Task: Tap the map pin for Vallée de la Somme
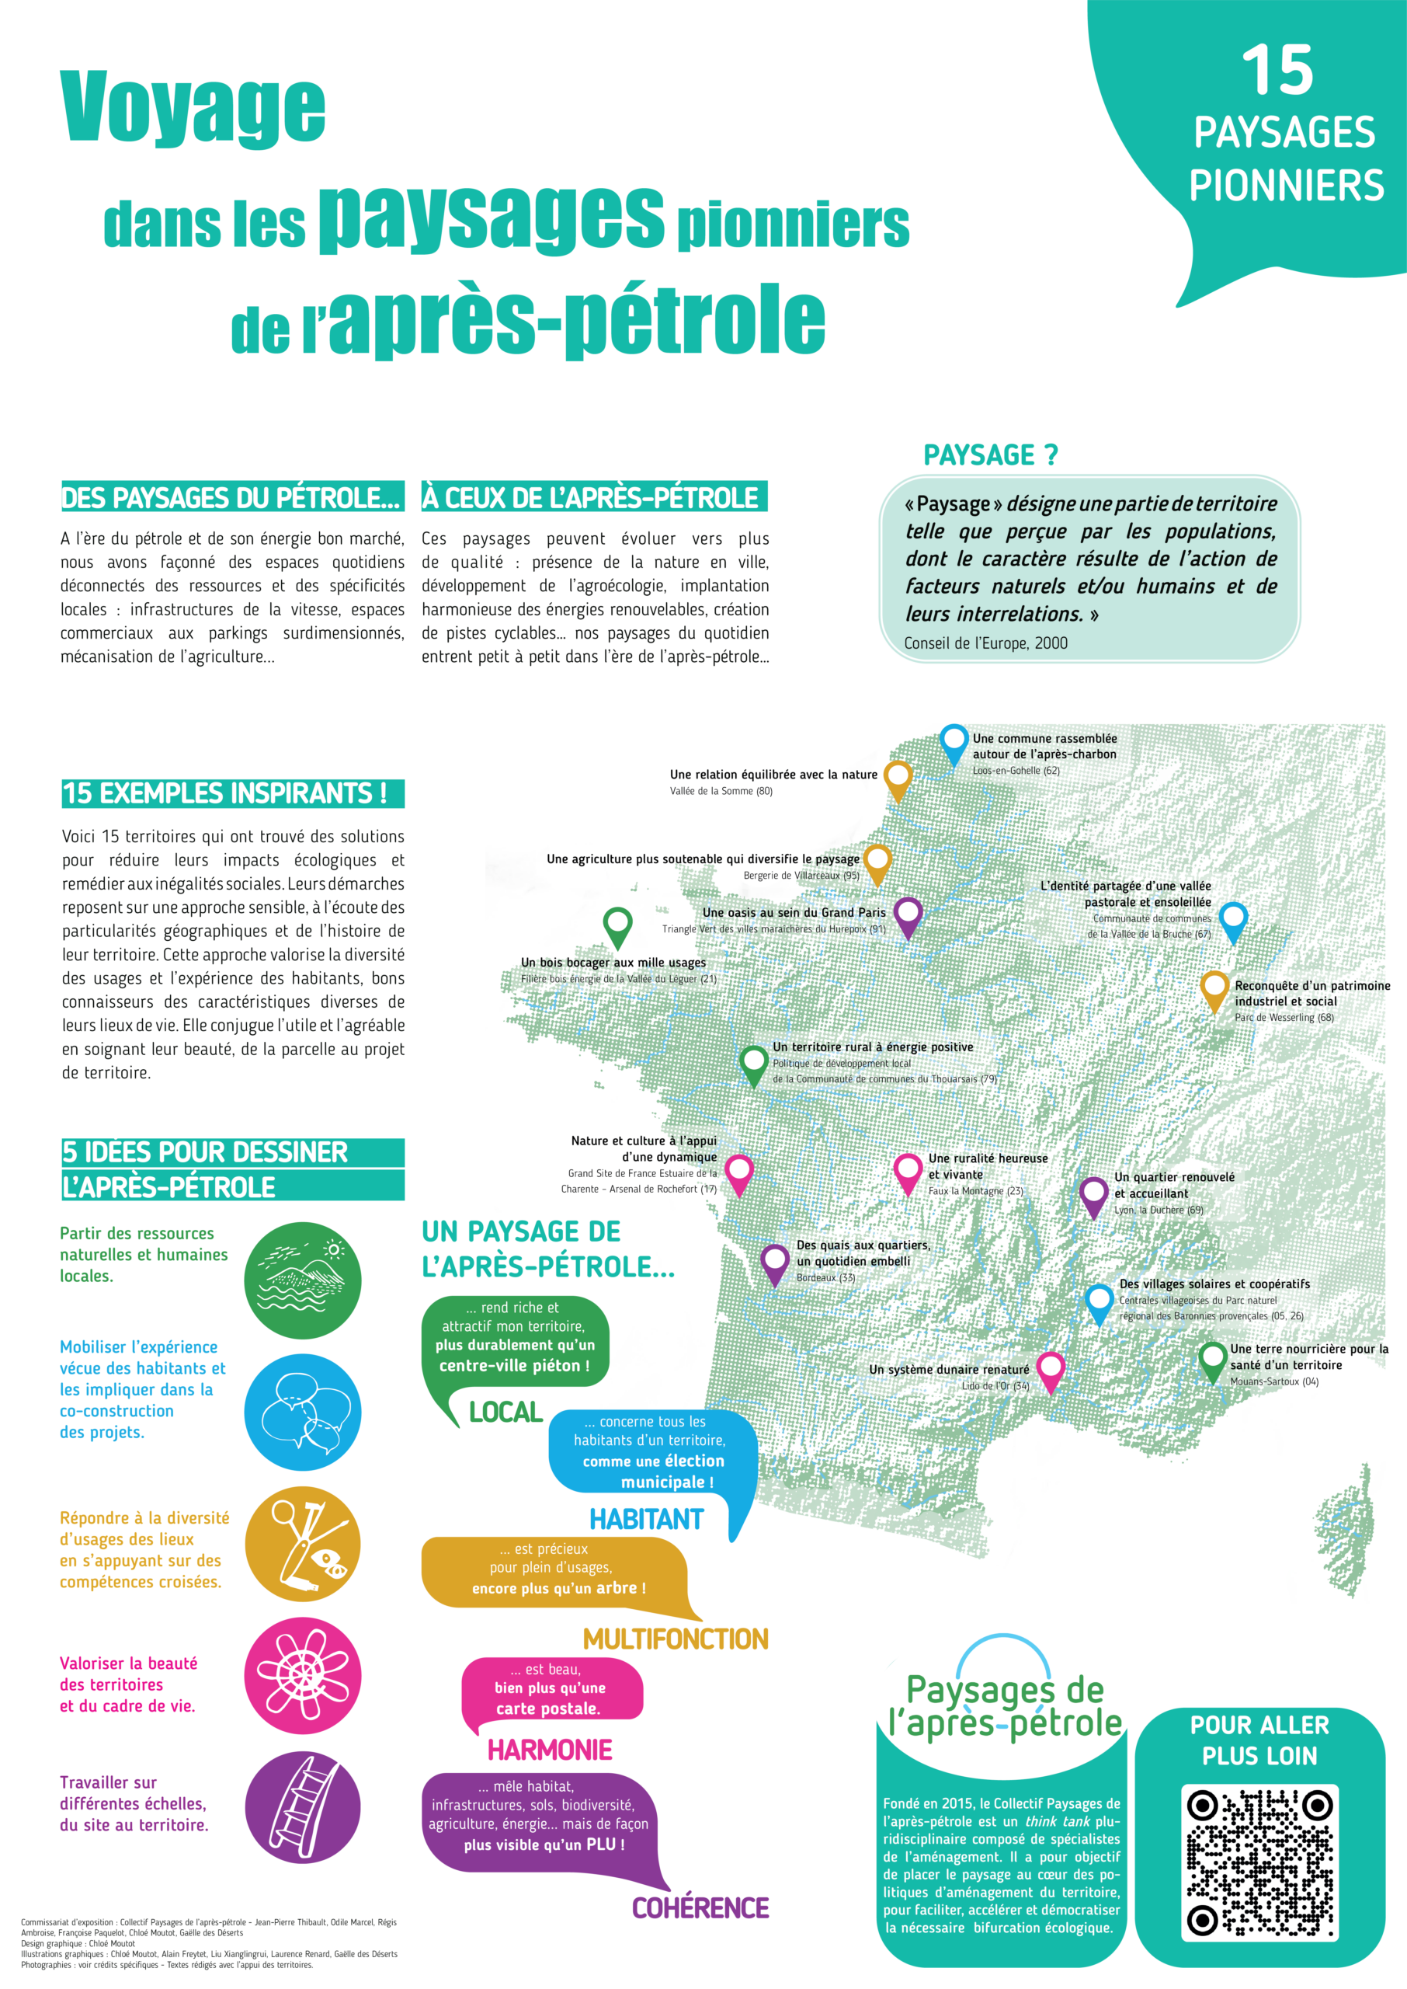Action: point(898,779)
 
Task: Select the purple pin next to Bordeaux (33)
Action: point(774,1262)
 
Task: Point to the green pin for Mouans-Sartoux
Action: point(1212,1359)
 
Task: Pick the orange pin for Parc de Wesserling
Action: point(1214,989)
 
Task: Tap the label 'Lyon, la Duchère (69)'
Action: point(1158,1210)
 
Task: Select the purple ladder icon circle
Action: point(302,1807)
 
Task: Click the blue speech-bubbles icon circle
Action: point(302,1412)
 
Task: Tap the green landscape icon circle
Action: point(302,1280)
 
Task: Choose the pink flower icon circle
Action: point(302,1675)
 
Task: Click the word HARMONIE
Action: point(549,1750)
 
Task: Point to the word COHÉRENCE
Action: point(700,1907)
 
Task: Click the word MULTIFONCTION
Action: point(675,1639)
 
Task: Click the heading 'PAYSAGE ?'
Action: point(990,455)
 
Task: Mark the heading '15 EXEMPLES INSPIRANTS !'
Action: point(225,793)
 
